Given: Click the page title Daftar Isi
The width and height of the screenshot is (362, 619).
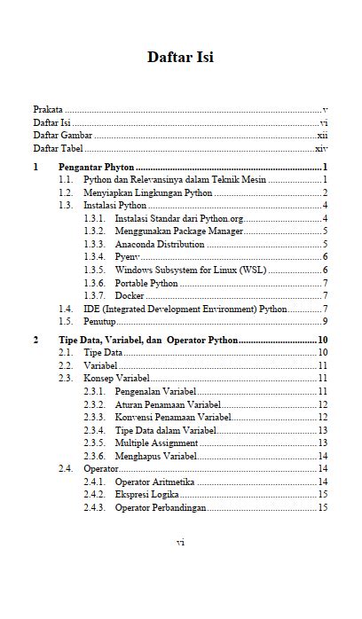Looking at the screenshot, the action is (x=180, y=58).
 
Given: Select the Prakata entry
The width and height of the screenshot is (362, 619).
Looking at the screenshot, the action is (x=48, y=109).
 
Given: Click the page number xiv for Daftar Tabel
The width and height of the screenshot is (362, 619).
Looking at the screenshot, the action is (x=322, y=149).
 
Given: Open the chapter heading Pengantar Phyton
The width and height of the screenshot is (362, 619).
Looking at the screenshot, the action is (x=96, y=167).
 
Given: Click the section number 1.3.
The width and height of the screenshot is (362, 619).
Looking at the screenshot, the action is (x=66, y=205).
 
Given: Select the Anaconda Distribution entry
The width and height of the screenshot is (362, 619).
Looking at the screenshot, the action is (x=160, y=244).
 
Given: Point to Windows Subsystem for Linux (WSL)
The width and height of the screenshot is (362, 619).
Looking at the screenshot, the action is (x=191, y=270).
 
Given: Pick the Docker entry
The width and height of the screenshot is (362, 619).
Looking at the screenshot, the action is (x=130, y=295).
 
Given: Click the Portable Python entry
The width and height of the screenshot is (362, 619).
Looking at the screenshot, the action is (x=146, y=283).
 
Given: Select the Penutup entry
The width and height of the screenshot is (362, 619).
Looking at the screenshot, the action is (x=99, y=321).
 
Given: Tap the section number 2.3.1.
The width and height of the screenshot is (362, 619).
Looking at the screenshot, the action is (x=95, y=391).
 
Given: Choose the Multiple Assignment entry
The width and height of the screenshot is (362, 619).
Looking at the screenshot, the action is (x=156, y=443).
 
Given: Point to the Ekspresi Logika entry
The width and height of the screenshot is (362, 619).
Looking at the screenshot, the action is (x=147, y=494).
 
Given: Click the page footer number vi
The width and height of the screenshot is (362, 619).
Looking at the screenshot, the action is (x=180, y=542).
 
